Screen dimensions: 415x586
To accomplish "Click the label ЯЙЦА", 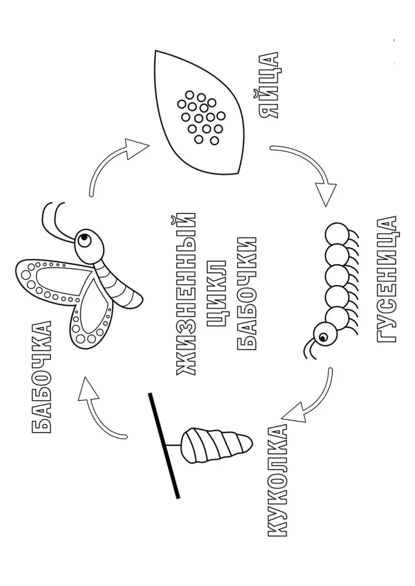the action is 268,85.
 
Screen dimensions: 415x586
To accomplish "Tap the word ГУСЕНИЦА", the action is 385,278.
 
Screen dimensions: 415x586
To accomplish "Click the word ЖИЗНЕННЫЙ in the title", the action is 185,294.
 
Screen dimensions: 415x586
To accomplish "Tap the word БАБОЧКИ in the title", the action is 246,293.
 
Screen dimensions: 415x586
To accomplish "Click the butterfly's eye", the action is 86,238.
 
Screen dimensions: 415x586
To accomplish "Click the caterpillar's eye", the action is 322,338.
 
